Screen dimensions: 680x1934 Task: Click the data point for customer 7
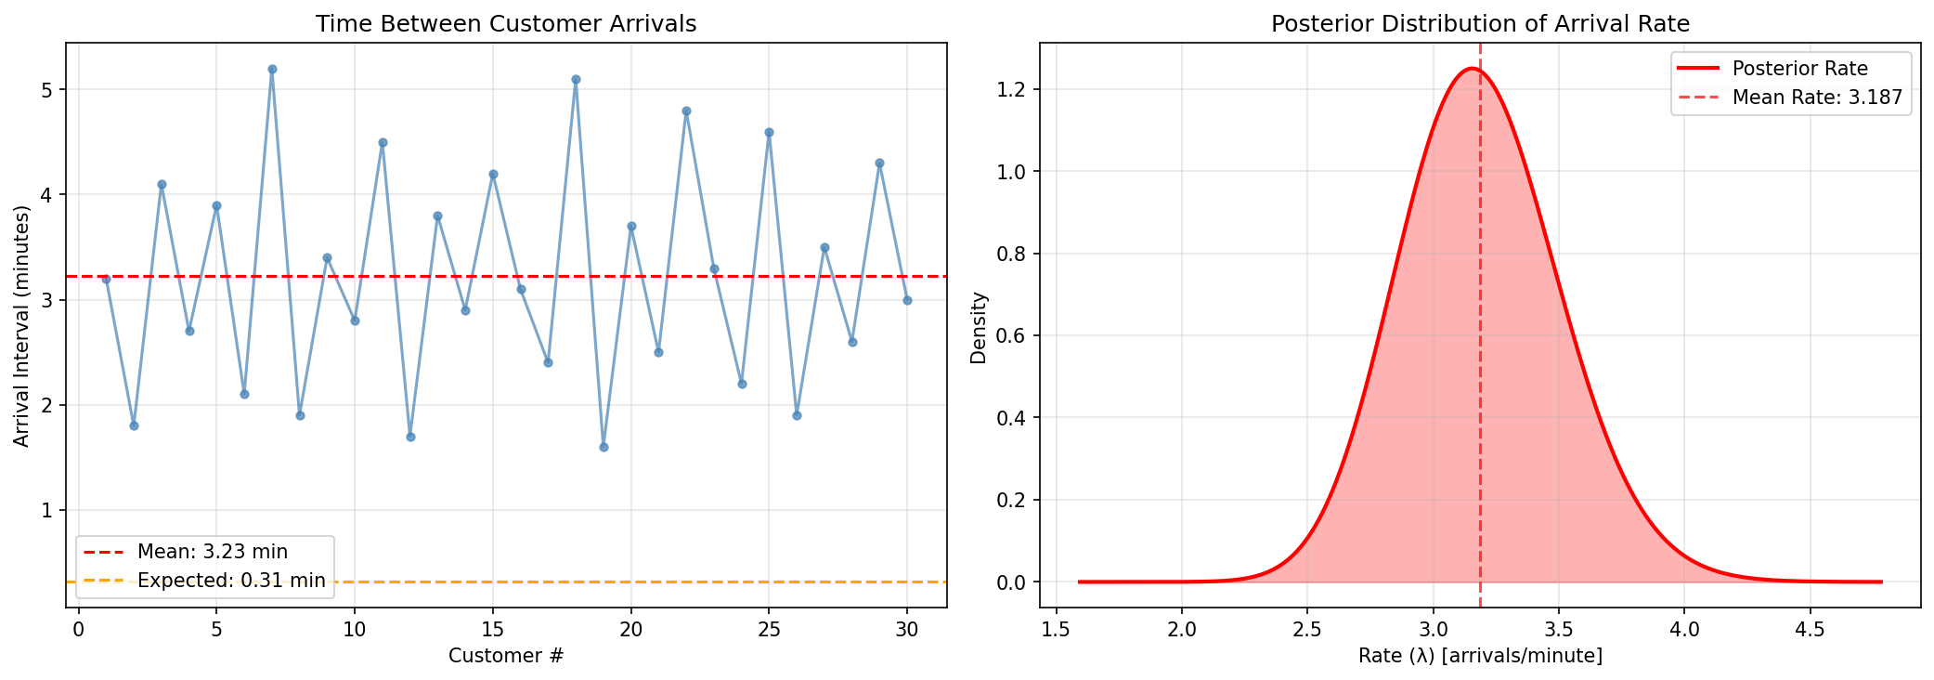pos(272,69)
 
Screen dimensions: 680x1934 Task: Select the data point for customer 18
pos(576,79)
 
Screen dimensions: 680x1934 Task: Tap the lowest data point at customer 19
pos(604,447)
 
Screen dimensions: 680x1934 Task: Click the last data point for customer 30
pos(907,300)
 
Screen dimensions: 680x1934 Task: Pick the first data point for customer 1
pos(106,279)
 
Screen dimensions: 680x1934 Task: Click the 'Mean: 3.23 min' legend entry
pos(212,552)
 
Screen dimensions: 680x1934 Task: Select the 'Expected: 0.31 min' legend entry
pos(230,581)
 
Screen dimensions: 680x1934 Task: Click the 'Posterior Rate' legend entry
pos(1799,68)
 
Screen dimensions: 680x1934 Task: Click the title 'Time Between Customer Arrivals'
pos(506,24)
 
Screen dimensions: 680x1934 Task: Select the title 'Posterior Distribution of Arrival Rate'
pos(1480,24)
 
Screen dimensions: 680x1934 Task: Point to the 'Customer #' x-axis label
pos(506,656)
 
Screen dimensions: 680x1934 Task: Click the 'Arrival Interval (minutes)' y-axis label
pos(21,325)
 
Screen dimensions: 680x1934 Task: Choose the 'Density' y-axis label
pos(978,327)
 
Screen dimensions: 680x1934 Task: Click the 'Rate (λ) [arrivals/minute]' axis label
pos(1480,656)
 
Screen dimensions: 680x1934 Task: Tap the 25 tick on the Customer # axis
pos(769,630)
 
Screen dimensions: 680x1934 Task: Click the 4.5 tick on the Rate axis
pos(1810,630)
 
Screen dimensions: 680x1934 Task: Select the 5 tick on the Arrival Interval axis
pos(46,90)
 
